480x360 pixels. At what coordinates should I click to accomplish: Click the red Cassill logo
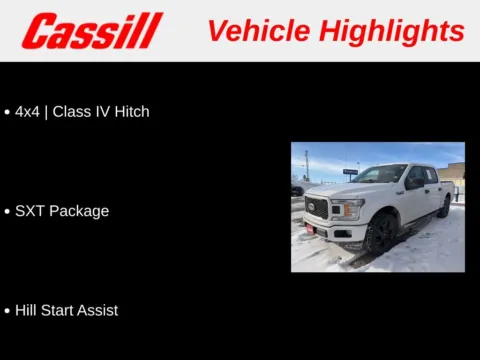[x=92, y=30]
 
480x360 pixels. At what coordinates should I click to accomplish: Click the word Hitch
[x=130, y=112]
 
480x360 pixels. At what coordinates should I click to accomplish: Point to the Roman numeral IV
[x=100, y=112]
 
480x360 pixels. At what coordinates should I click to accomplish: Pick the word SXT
[x=30, y=211]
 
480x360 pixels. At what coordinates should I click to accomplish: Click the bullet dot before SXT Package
[x=8, y=212]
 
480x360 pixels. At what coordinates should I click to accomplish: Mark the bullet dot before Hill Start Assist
[x=8, y=311]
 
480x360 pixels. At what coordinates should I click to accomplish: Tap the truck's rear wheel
[x=443, y=207]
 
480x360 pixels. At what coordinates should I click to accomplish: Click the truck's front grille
[x=317, y=209]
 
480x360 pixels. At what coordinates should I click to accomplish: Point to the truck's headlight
[x=346, y=207]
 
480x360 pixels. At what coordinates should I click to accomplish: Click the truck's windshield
[x=381, y=174]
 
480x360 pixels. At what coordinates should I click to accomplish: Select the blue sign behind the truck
[x=350, y=171]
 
